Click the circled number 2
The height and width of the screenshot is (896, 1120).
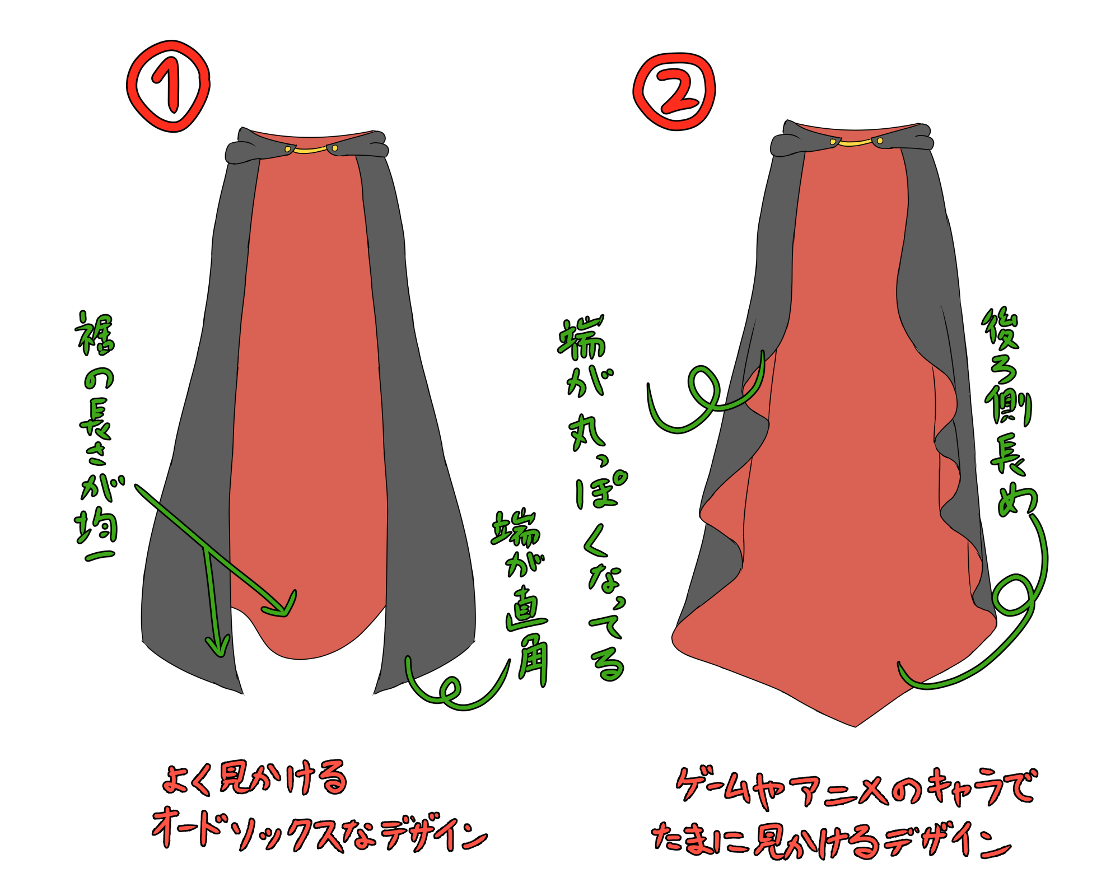(x=674, y=92)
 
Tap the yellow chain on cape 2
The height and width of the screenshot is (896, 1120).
(x=855, y=144)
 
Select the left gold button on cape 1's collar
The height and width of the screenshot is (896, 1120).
(x=288, y=149)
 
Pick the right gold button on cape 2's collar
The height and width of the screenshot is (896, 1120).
(x=880, y=141)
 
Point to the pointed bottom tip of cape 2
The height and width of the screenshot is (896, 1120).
(x=855, y=725)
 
